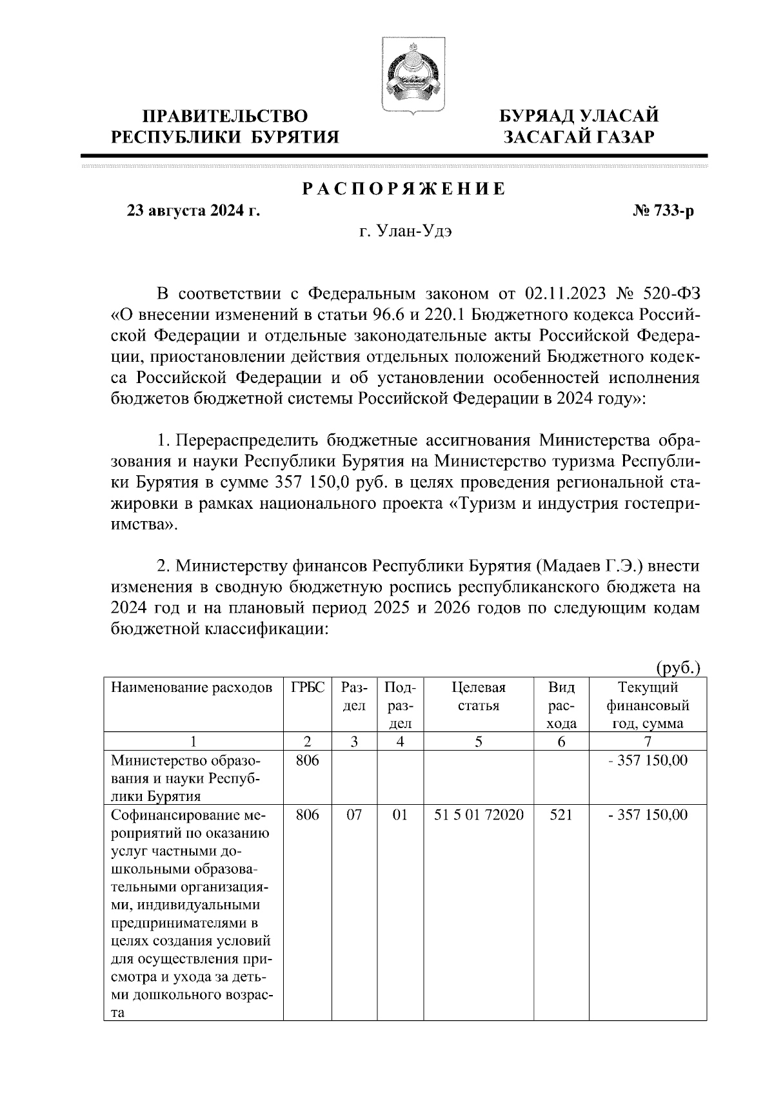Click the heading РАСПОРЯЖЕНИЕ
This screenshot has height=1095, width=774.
coord(404,189)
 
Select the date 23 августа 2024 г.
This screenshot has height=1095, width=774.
coord(193,211)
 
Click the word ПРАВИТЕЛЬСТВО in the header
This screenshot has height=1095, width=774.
coord(225,117)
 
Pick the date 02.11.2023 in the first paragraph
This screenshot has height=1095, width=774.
coord(566,295)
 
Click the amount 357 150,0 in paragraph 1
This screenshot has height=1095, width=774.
coord(312,483)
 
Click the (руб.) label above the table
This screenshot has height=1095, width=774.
coord(677,667)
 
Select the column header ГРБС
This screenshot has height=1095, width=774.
coord(308,688)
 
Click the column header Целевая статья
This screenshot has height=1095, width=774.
coord(478,697)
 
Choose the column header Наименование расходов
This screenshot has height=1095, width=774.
coord(192,688)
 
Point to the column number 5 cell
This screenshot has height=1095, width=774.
coord(478,742)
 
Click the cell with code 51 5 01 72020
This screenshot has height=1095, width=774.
coord(478,815)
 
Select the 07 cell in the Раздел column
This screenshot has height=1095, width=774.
coord(354,815)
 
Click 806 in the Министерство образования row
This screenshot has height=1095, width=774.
coord(308,761)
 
